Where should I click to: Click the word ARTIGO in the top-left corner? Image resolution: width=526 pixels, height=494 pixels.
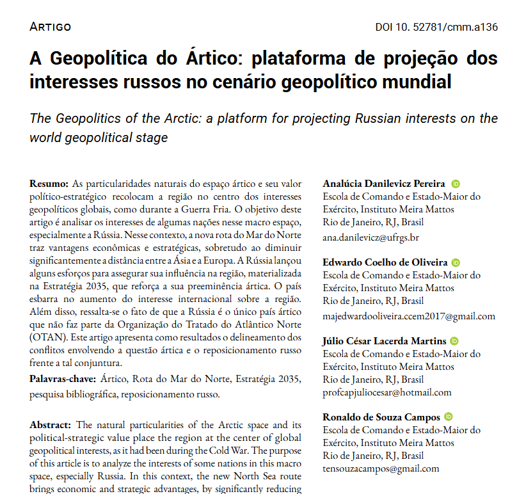point(51,27)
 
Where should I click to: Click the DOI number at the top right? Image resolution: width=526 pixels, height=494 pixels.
point(436,27)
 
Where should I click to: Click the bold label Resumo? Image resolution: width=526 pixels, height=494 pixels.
point(50,184)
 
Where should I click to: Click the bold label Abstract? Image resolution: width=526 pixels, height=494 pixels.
point(52,426)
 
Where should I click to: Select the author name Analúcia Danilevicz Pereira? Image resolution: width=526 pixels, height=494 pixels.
point(384,184)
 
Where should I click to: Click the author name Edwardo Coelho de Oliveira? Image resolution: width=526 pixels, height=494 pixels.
point(384,263)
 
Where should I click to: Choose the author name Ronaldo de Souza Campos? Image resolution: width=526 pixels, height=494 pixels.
point(381,418)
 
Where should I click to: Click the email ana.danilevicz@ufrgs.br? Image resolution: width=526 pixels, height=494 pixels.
point(371,237)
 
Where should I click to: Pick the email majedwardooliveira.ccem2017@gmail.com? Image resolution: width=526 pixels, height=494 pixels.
point(408,316)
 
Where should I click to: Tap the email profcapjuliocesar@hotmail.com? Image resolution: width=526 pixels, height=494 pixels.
point(387,392)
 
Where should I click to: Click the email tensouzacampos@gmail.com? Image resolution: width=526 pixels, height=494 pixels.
point(381,468)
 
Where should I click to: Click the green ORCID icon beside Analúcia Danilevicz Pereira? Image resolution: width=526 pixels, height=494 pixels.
point(456,184)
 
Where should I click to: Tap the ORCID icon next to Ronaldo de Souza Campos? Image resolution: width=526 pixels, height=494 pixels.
point(449,417)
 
